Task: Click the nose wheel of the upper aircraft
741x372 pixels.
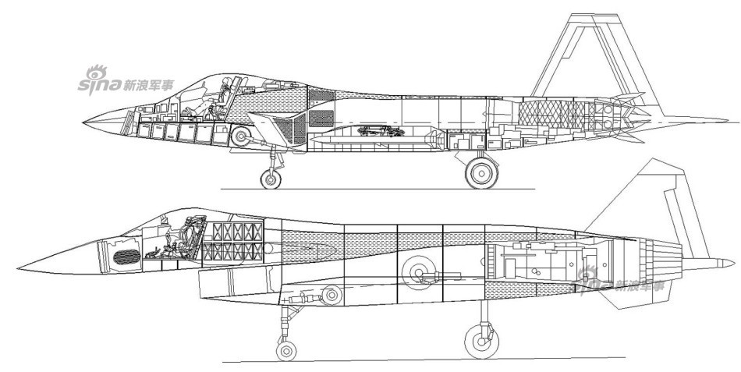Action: click(x=271, y=179)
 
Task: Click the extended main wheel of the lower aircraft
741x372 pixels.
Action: click(x=480, y=341)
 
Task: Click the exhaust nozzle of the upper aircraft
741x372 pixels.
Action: click(x=624, y=117)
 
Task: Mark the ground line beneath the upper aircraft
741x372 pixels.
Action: click(x=374, y=189)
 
